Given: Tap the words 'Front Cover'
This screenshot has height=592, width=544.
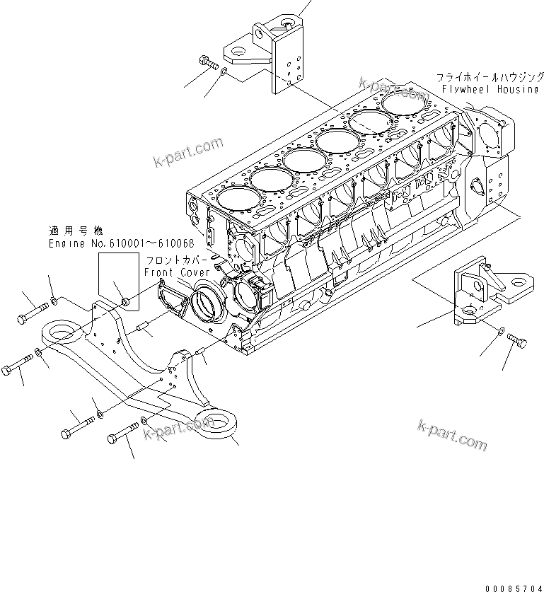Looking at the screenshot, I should [x=177, y=272].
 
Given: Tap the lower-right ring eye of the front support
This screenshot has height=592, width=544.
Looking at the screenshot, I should [x=218, y=424].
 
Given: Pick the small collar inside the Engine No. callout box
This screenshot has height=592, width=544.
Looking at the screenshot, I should [x=125, y=303].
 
